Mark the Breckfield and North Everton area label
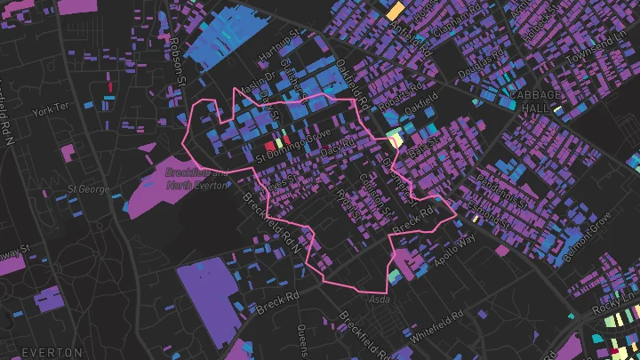197,179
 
